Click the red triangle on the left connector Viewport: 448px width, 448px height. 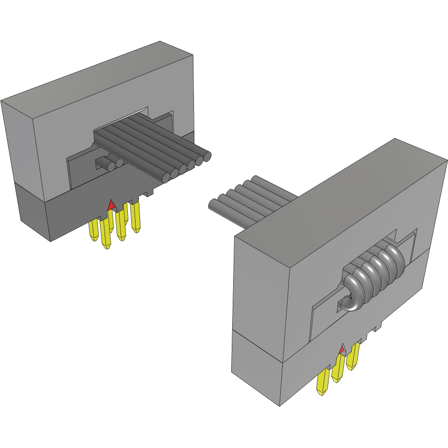111,205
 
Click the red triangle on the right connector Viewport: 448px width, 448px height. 342,349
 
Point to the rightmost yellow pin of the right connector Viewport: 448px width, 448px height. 353,356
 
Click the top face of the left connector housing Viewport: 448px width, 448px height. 97,78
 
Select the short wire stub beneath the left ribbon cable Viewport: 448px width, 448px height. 105,163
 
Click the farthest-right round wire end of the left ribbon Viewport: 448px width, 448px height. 207,156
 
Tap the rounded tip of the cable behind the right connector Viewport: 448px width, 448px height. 212,205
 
